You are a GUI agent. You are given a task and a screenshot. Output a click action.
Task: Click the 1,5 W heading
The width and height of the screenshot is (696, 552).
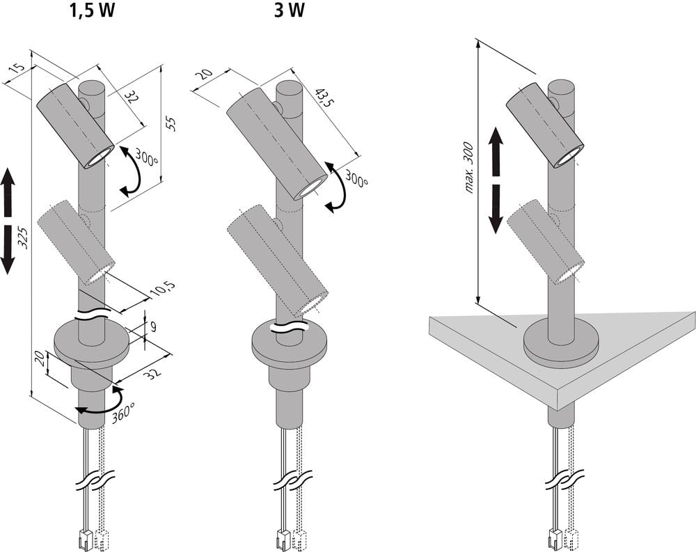tap(92, 10)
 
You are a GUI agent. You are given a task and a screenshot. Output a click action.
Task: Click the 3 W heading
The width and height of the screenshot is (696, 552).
tap(290, 10)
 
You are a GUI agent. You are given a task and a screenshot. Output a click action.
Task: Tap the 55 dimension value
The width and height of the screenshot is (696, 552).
tap(171, 123)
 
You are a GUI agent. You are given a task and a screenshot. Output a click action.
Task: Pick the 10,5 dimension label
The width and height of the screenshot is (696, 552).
tap(162, 289)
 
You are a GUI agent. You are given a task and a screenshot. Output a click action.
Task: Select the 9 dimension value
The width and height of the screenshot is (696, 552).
tap(152, 327)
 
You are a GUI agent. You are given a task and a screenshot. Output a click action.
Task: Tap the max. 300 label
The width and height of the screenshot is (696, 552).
tap(469, 168)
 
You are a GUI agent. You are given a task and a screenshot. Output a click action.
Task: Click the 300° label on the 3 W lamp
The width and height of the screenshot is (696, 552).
tap(356, 178)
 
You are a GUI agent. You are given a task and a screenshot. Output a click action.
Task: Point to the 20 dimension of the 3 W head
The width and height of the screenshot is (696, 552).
tap(205, 74)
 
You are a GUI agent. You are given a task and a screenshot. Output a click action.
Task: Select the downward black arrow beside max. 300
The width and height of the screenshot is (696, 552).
tap(496, 209)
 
